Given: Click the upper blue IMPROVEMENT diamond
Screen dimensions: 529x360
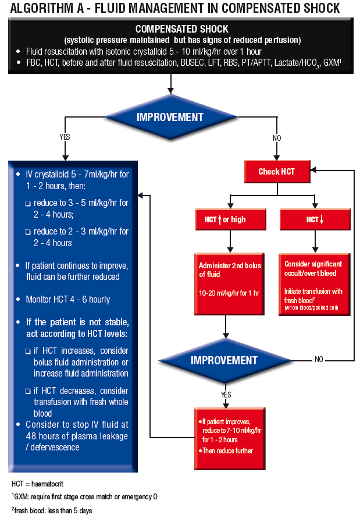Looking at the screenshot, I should coord(170,117).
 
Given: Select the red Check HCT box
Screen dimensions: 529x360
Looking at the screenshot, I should coord(276,171).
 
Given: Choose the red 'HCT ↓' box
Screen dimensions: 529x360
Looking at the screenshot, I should coord(315,219).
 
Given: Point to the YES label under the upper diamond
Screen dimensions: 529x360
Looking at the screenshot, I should coord(65,137).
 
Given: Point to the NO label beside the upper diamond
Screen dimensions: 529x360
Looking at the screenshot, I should coord(276,137).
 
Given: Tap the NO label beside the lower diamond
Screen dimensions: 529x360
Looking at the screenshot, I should coord(319,360).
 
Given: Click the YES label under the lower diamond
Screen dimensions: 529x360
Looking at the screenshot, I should coord(226,395).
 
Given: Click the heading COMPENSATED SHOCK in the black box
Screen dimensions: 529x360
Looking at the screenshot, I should coord(181,29).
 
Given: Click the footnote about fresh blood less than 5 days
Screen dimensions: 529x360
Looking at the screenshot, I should coord(52,510).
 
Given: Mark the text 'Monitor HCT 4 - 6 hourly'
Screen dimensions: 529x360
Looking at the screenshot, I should coord(67,299).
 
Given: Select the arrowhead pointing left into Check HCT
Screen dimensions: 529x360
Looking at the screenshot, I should coord(314,171).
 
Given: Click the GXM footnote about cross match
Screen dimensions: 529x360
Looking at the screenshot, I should coord(84,497).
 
